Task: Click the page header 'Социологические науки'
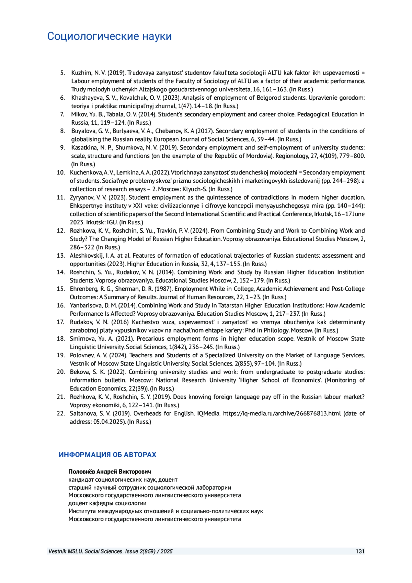109,36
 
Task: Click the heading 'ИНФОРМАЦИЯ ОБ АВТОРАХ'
107,455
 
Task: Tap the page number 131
360,551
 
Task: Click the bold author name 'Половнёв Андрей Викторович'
110,471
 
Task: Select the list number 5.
62,73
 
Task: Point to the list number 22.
61,413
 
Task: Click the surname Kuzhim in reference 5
81,73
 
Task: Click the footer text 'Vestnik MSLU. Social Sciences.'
86,551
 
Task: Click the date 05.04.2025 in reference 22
108,422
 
